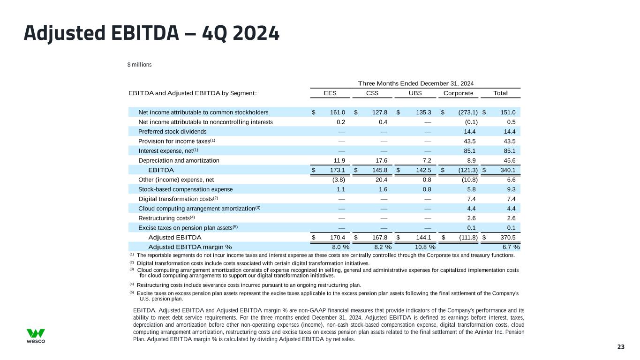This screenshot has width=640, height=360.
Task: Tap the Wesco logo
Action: (x=36, y=336)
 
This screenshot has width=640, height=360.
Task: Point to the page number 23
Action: (x=621, y=347)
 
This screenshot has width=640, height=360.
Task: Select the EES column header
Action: (x=330, y=93)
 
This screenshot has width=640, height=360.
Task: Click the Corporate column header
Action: (x=455, y=93)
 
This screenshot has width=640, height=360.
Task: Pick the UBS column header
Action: (x=415, y=93)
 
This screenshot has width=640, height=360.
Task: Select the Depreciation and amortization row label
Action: (x=179, y=160)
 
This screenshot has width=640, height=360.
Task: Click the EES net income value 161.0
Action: (x=337, y=112)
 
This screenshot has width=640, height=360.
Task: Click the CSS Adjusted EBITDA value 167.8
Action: (x=379, y=237)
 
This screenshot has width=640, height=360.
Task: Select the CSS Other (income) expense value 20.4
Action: (x=380, y=180)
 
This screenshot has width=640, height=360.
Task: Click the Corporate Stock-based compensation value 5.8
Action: (x=472, y=189)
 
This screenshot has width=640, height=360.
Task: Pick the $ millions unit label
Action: (x=139, y=64)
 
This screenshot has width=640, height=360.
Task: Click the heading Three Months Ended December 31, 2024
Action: (x=415, y=83)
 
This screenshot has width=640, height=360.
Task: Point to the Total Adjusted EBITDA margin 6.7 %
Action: (x=511, y=247)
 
